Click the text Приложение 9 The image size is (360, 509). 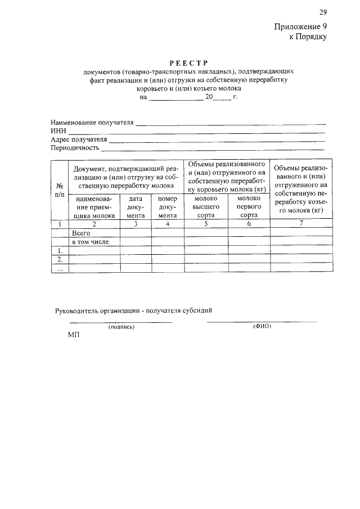(300, 26)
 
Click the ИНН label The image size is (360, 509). (58, 130)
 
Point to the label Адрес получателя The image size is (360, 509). (79, 139)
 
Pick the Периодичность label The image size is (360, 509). (75, 148)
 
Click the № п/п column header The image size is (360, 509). (59, 189)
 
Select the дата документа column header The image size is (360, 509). (136, 206)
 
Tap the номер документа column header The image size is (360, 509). (168, 206)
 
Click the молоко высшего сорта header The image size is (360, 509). (206, 206)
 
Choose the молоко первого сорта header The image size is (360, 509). (249, 206)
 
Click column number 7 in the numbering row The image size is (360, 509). (301, 224)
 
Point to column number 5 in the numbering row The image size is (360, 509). (206, 224)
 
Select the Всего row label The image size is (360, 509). (81, 232)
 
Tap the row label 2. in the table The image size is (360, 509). (59, 259)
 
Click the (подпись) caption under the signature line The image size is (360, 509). (121, 327)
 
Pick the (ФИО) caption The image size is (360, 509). (262, 326)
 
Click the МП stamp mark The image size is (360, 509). (74, 335)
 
